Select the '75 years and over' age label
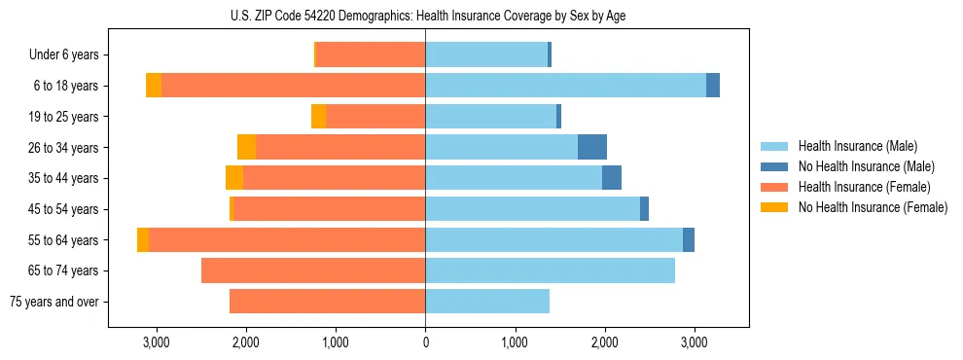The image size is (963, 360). coord(53,302)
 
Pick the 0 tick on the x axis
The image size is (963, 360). coord(425,342)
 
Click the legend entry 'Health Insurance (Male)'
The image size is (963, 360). coord(857,146)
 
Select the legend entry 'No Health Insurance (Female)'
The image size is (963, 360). coord(873,207)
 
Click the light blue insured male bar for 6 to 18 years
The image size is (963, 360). coord(565,86)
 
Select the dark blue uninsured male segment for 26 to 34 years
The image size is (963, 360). coord(592,147)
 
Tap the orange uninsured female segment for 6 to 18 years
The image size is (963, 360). coord(154,86)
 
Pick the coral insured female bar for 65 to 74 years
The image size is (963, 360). coord(313,270)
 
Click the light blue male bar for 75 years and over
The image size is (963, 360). coord(487,302)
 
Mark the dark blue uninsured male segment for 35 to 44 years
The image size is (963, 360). coord(612,178)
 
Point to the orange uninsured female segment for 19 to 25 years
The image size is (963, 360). coord(318,117)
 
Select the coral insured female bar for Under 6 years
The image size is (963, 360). coord(371,55)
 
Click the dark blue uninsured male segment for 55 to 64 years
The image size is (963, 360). coord(689,239)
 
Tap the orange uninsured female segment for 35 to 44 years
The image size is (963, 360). coord(234,178)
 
